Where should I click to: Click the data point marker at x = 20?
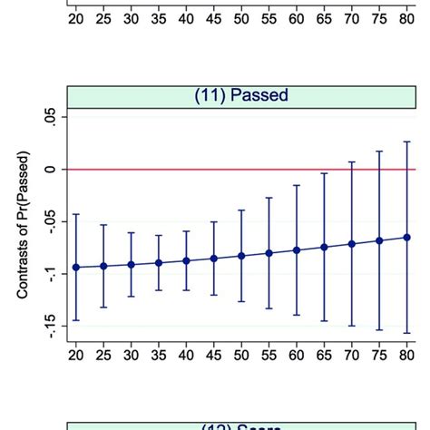coord(75,267)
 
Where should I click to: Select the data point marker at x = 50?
coord(241,256)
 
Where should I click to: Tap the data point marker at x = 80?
coord(407,238)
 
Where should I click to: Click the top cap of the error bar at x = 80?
coord(407,142)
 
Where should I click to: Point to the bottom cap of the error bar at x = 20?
coord(75,320)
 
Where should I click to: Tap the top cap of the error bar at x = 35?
coord(159,236)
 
